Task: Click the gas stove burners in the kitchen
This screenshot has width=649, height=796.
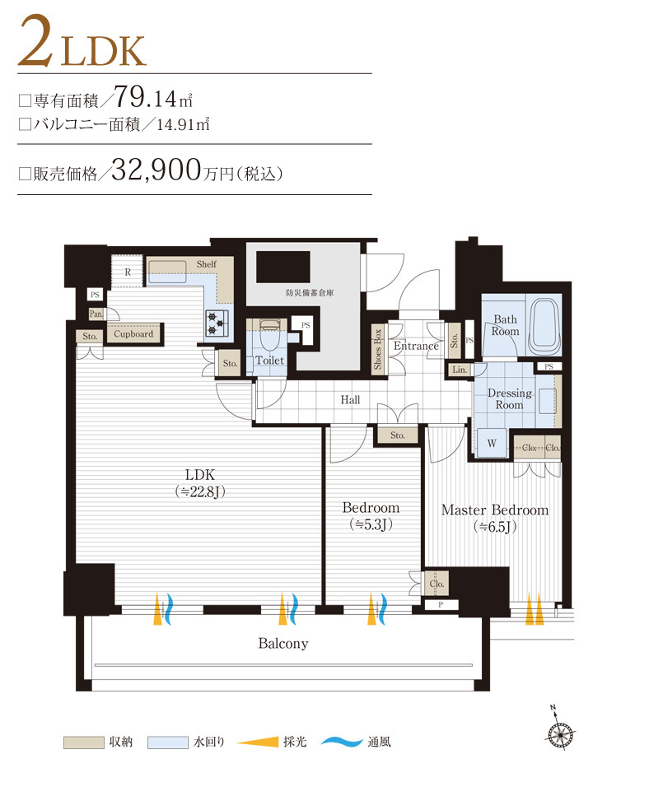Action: [x=217, y=324]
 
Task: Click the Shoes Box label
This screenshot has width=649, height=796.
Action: [x=378, y=351]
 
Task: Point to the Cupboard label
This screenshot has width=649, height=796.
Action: [x=133, y=334]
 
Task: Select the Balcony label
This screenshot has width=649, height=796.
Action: [x=282, y=644]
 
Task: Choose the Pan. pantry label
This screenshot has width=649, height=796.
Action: [x=96, y=314]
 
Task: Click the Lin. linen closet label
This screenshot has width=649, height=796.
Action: [x=460, y=370]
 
